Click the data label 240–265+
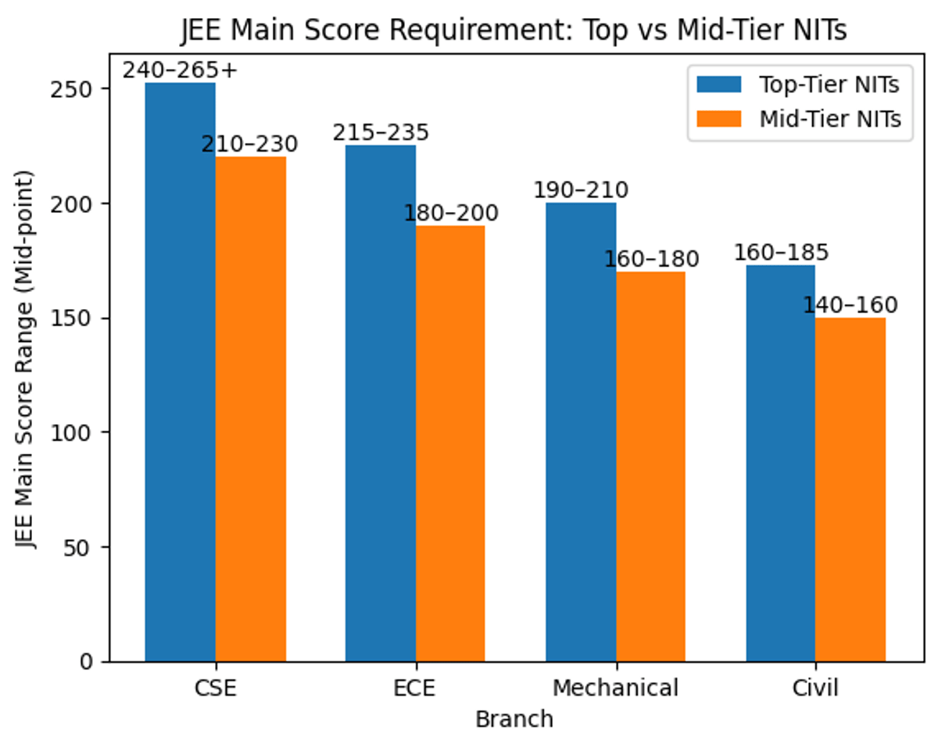pos(180,70)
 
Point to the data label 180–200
pos(451,213)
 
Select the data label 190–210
pos(581,190)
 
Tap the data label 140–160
pos(850,304)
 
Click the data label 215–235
pos(381,132)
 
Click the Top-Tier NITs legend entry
pos(829,85)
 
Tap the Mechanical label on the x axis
pos(615,688)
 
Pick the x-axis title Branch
pos(514,719)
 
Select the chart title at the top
pos(514,31)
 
